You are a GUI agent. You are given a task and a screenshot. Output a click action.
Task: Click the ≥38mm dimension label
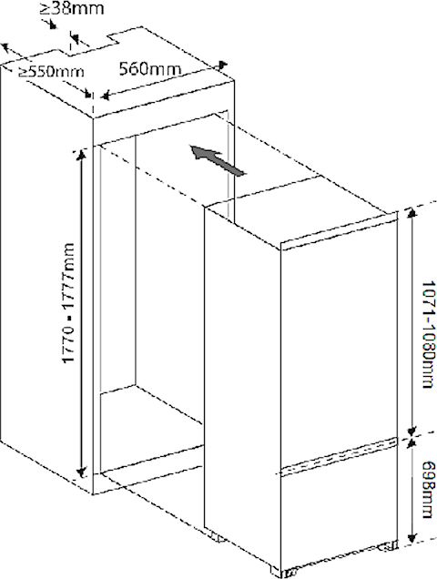tap(72, 9)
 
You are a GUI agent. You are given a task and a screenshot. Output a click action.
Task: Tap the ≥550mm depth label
tap(51, 71)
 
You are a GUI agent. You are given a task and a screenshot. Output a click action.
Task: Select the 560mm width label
tap(150, 69)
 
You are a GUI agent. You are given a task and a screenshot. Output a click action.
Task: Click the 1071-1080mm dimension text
tap(428, 334)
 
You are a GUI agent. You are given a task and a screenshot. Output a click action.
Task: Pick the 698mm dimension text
tap(428, 489)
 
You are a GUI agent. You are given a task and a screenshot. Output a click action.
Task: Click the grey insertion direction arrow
tap(218, 160)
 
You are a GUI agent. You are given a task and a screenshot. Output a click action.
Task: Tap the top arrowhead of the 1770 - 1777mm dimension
tap(81, 155)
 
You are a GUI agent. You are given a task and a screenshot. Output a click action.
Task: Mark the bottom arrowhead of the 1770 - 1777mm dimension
tap(81, 472)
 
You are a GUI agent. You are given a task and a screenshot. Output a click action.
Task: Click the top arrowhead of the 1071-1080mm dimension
tap(412, 213)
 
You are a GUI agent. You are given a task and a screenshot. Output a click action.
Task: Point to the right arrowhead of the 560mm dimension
tap(221, 66)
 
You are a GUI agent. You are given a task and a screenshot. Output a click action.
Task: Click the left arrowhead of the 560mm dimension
tap(106, 96)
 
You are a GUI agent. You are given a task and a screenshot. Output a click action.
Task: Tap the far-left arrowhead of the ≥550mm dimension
tap(5, 47)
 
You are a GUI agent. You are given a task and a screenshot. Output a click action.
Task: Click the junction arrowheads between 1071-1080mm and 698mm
tap(412, 437)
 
